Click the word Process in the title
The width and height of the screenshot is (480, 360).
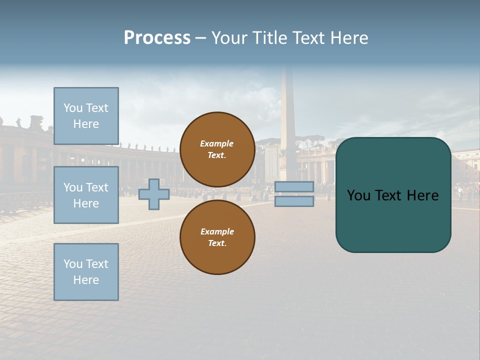(x=157, y=38)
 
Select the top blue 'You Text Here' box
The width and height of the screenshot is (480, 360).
(x=86, y=116)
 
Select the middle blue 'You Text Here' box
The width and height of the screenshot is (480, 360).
(x=86, y=195)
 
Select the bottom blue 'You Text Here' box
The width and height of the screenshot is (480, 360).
(x=86, y=272)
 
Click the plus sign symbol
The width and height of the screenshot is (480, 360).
(x=154, y=194)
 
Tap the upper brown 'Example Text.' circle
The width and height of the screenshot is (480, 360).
(x=217, y=149)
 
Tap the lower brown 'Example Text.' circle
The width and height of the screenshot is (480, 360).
(x=217, y=237)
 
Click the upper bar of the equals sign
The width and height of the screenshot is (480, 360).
(x=294, y=187)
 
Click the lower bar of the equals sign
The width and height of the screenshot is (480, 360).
(x=294, y=201)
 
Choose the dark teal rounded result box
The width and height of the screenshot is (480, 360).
(x=393, y=220)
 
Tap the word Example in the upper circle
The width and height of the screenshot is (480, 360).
(x=216, y=143)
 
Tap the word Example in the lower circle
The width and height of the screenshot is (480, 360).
(x=217, y=231)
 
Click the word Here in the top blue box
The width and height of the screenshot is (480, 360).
(x=86, y=124)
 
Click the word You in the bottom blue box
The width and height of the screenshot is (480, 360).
(x=72, y=264)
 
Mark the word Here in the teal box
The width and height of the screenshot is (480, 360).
(x=422, y=195)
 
